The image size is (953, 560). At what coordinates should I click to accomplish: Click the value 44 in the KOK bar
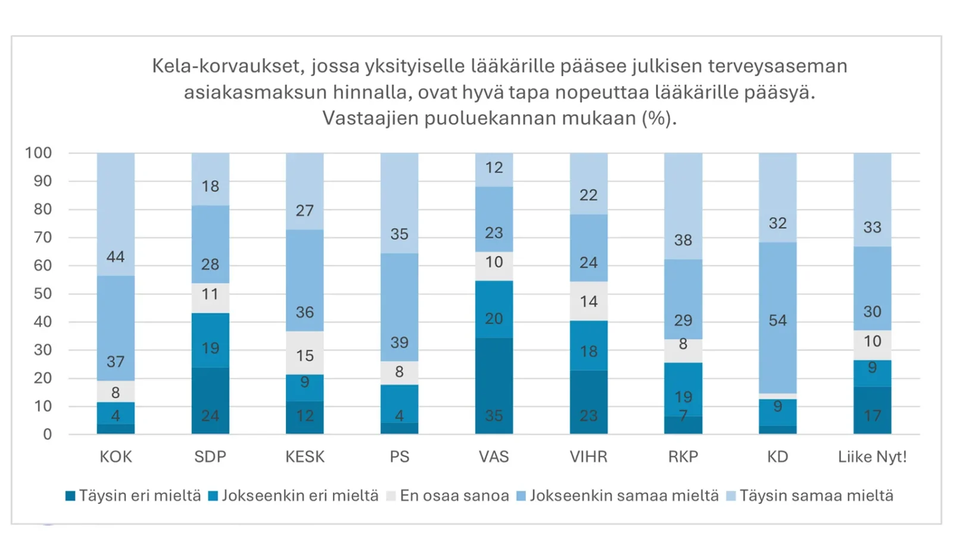click(x=116, y=256)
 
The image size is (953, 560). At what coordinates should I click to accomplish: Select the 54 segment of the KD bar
click(x=777, y=320)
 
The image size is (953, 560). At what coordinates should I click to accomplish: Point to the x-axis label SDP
click(x=210, y=456)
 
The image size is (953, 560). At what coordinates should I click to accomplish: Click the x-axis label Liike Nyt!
click(x=872, y=456)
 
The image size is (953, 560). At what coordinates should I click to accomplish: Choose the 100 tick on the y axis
click(x=38, y=153)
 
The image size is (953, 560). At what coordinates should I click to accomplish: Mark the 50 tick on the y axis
click(x=42, y=293)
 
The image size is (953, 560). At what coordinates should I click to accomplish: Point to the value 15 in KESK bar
click(x=304, y=355)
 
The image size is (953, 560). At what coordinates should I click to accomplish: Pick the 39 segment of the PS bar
click(x=399, y=342)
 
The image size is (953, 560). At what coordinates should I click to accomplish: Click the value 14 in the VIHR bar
click(x=588, y=301)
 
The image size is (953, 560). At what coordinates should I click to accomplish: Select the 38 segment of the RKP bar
click(x=683, y=240)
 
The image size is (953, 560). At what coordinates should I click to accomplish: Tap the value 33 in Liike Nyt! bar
click(x=872, y=227)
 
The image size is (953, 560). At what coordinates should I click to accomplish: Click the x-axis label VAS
click(x=494, y=456)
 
